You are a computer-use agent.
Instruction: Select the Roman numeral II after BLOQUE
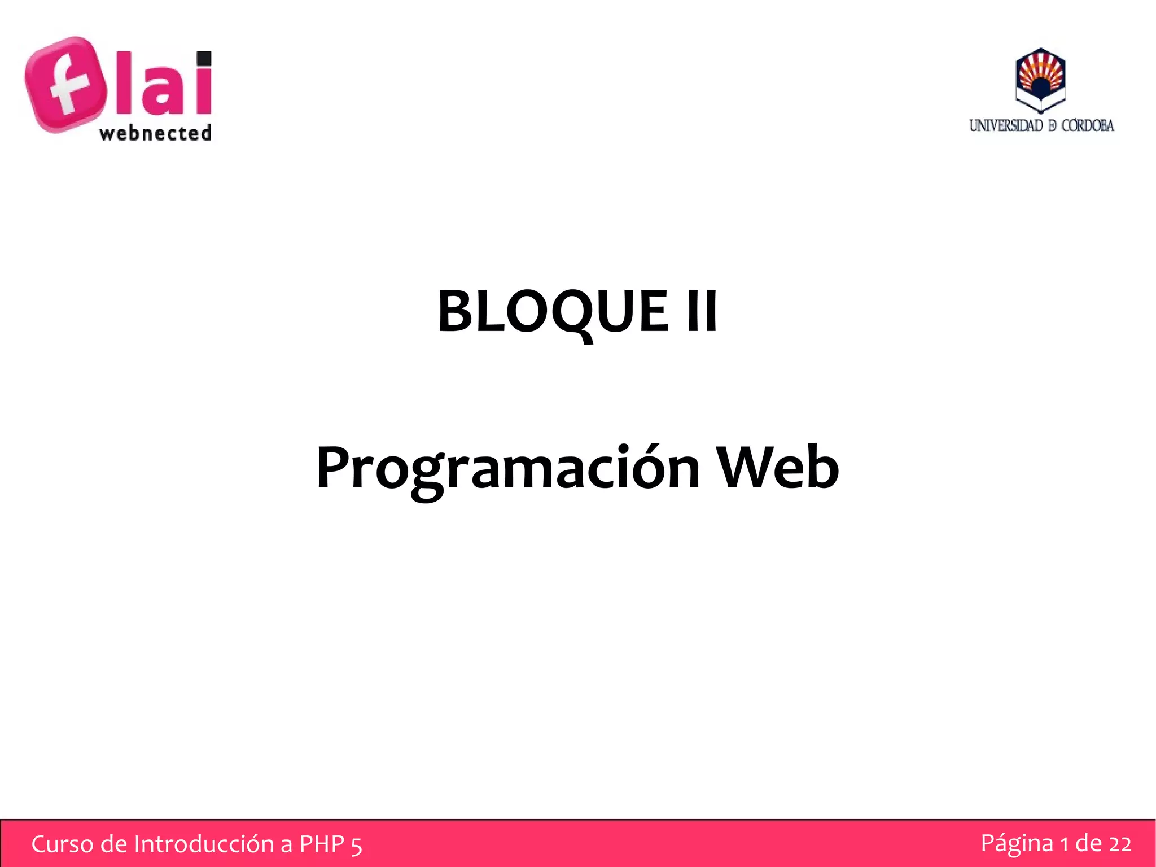point(702,311)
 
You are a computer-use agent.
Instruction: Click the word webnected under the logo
point(155,133)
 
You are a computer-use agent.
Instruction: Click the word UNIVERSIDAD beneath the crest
point(1006,126)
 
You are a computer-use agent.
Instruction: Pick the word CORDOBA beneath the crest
point(1088,126)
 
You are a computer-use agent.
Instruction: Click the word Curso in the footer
point(62,844)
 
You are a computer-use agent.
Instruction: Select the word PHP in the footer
point(322,844)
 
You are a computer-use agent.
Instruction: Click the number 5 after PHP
point(356,846)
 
